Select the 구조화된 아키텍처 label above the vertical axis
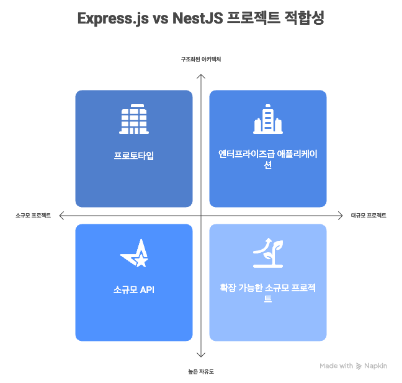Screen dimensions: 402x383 point(200,59)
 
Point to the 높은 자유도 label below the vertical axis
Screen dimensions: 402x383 point(200,371)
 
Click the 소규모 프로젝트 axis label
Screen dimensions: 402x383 point(33,216)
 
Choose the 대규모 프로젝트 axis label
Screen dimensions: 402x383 point(368,216)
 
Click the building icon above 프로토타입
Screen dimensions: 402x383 point(133,120)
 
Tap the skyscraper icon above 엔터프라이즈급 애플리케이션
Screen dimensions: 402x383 point(267,120)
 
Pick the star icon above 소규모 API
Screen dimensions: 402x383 point(134,253)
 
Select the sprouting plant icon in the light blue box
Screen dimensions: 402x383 point(267,252)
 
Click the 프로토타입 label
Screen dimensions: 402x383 point(133,156)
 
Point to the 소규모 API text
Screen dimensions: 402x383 point(133,289)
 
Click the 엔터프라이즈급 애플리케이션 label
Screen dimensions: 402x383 point(267,160)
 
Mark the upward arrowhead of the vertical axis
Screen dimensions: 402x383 point(200,76)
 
